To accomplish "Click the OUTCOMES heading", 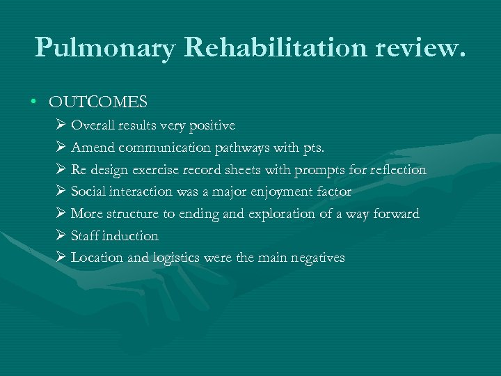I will pyautogui.click(x=98, y=102).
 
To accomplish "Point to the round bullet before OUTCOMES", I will pyautogui.click(x=33, y=103).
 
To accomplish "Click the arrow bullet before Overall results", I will pyautogui.click(x=59, y=126).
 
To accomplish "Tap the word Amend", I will pyautogui.click(x=93, y=148).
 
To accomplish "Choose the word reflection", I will pyautogui.click(x=395, y=170).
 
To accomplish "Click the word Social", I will pyautogui.click(x=89, y=191).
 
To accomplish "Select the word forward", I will pyautogui.click(x=396, y=214).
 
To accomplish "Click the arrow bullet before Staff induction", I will pyautogui.click(x=59, y=236).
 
